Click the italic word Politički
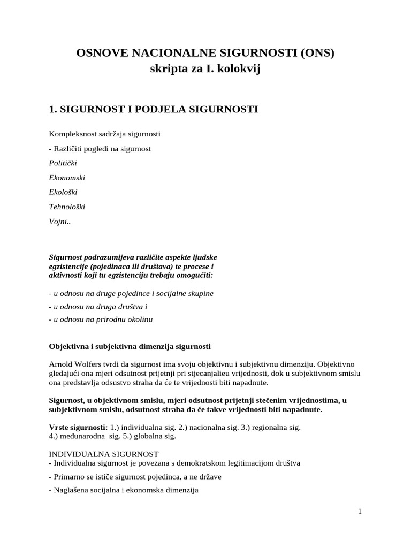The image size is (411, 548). (x=63, y=163)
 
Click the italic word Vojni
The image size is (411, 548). (x=59, y=221)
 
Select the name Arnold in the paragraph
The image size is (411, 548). (x=61, y=364)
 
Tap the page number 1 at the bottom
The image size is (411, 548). (x=360, y=512)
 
